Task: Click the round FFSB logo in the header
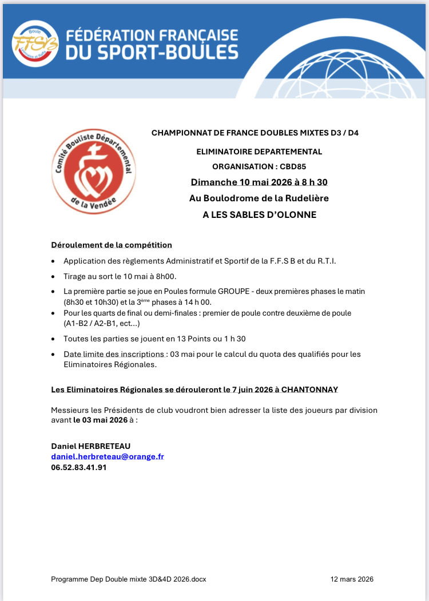pos(35,43)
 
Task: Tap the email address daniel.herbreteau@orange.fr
pos(108,456)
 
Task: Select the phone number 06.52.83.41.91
pos(79,467)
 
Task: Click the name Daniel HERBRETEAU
pos(87,445)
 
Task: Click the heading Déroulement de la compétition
pos(112,245)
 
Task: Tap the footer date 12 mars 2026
pos(352,579)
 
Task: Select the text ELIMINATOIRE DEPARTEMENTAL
pos(259,152)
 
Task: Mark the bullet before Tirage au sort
pos(53,276)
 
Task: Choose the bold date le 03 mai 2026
pos(100,419)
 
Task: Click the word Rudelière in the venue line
pos(304,198)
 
